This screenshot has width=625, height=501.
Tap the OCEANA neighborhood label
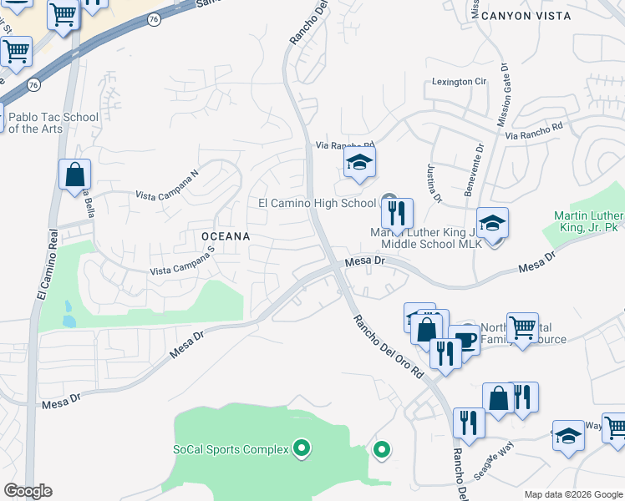pyautogui.click(x=226, y=236)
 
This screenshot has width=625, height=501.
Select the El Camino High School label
pyautogui.click(x=317, y=203)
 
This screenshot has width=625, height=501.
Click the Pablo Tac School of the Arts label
pyautogui.click(x=53, y=123)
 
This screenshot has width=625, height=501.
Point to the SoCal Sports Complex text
pyautogui.click(x=231, y=449)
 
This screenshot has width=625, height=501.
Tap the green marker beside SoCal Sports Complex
pyautogui.click(x=302, y=449)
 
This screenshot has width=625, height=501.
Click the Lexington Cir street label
pyautogui.click(x=459, y=82)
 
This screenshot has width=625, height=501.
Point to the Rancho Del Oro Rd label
pyautogui.click(x=388, y=347)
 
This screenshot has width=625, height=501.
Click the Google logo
pyautogui.click(x=28, y=491)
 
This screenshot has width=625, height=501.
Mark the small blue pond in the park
pyautogui.click(x=69, y=320)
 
